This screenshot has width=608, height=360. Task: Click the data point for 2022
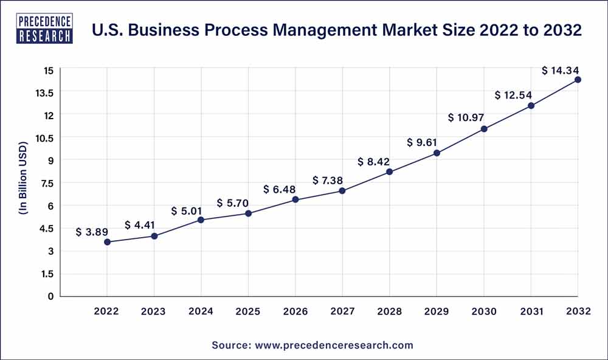[107, 242]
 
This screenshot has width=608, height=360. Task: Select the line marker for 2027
[342, 191]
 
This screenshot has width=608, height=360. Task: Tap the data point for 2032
[578, 80]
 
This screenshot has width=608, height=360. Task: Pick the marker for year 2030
[484, 129]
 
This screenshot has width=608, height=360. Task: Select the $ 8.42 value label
[373, 162]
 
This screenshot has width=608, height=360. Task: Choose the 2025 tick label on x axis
[248, 311]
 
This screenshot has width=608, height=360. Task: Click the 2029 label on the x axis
[437, 311]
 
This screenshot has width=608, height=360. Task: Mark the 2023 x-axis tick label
[154, 311]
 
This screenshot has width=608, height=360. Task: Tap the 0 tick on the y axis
[50, 296]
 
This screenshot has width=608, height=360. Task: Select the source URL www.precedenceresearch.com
[331, 345]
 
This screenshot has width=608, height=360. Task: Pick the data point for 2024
[201, 220]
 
